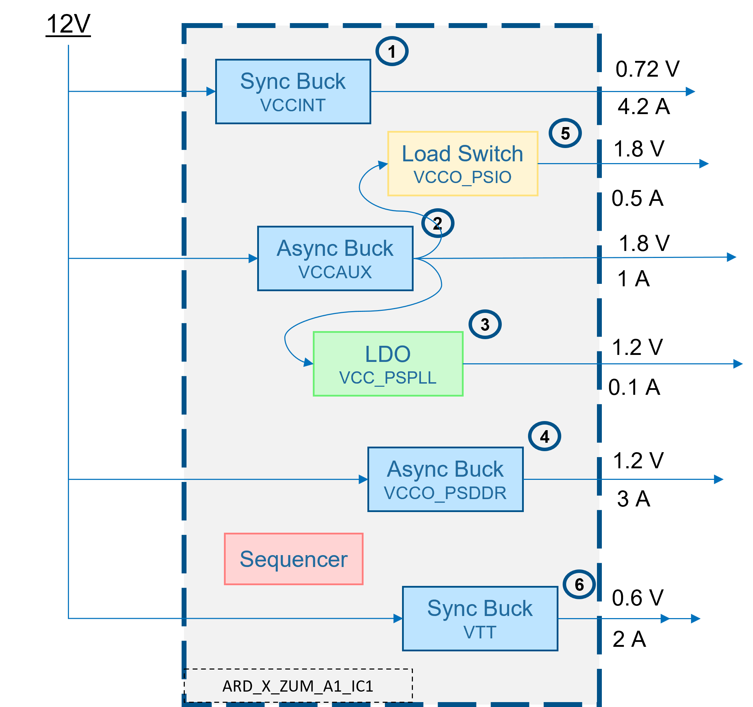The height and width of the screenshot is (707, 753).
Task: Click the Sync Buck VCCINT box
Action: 293,91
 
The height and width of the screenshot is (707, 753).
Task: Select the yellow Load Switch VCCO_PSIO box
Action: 463,163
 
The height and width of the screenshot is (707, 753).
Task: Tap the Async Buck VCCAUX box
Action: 335,258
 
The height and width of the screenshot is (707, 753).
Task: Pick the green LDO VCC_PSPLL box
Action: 388,364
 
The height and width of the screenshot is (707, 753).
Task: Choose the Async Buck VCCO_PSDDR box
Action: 445,479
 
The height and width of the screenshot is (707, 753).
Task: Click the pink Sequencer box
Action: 294,559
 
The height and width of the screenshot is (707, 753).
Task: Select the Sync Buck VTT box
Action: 480,619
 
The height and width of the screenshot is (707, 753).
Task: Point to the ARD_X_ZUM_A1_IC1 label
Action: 298,686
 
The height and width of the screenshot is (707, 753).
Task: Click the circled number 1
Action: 392,51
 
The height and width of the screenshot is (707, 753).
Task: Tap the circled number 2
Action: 437,223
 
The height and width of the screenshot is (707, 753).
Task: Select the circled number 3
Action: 485,324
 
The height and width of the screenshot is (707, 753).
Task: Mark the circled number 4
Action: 544,436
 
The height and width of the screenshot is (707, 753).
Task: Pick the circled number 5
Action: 565,133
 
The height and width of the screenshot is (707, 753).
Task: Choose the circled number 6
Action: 579,584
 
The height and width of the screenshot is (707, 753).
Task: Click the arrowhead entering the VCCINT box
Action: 211,91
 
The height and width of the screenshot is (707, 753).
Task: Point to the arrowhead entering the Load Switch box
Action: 383,165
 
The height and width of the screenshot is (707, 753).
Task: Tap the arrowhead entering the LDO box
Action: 309,363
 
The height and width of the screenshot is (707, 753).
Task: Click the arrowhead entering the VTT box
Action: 398,619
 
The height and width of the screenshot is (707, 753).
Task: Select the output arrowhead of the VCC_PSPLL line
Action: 738,364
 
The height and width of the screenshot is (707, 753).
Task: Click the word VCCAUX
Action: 335,272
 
